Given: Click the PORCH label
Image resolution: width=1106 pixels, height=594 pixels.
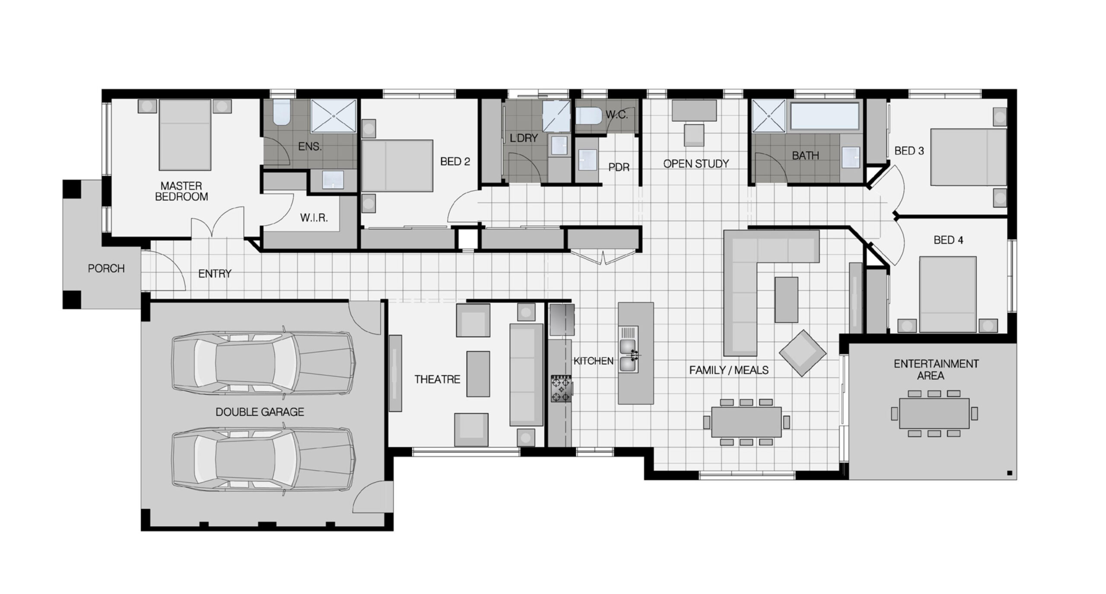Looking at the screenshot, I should pos(106,268).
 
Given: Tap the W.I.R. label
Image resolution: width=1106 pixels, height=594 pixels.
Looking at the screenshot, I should pos(314,218).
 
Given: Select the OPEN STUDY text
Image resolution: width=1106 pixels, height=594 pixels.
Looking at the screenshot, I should pos(696,164).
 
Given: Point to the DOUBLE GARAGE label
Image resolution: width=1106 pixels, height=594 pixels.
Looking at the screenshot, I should pos(260,412).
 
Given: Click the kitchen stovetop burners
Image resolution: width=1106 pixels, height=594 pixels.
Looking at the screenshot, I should pos(561,389).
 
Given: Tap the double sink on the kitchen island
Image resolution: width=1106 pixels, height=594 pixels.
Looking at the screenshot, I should pos(628,356).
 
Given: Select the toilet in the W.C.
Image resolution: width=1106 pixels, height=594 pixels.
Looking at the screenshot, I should pos(588,116).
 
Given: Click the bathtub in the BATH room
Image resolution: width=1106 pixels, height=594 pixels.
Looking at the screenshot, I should pos(824,115).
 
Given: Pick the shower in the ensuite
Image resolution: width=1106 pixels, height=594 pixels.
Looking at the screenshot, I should pos(334,116).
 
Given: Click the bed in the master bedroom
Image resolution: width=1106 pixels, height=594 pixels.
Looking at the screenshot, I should pos(185,135).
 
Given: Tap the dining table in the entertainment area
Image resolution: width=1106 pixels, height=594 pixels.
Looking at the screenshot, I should pos(934,413).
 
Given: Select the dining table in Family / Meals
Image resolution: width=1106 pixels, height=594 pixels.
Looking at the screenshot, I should pos(746,422).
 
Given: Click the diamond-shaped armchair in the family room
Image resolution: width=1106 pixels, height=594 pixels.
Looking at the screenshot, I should pos(802,353).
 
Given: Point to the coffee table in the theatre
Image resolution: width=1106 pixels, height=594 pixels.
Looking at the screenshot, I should pos(478,374).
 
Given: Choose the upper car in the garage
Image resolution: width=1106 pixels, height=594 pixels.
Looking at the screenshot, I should pos(264,364).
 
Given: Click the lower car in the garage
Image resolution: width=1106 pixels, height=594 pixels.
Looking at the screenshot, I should pos(264,460).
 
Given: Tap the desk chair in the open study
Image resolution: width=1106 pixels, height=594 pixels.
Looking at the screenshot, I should pos(694,135).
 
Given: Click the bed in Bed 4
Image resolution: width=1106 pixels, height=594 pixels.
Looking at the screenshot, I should pos(947,294).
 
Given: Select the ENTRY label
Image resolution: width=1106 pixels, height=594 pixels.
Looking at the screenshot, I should pos(215,273).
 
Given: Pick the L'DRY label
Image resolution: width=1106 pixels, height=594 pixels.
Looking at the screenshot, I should pos(524,138).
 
